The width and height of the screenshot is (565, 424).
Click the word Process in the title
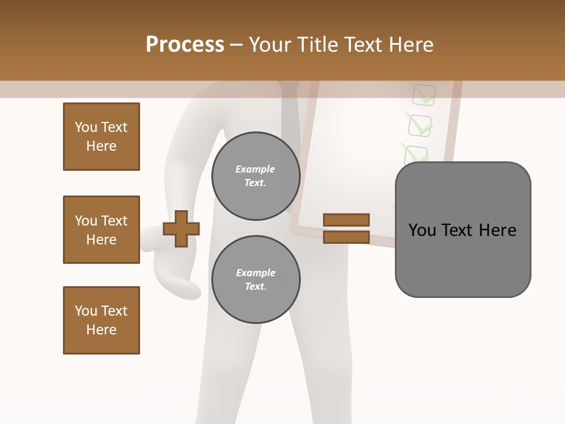(x=185, y=45)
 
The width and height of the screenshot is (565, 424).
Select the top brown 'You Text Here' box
(x=101, y=137)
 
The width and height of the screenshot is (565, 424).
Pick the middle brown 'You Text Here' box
(x=101, y=230)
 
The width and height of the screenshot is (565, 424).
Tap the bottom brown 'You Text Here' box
(x=101, y=320)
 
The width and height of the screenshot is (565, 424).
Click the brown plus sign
(x=181, y=228)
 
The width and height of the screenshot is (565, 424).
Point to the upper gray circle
(x=255, y=176)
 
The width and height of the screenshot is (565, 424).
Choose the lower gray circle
(x=255, y=280)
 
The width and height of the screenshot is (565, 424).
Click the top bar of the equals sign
(x=346, y=220)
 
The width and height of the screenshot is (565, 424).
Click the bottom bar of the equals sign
(x=346, y=237)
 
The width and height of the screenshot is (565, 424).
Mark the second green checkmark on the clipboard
(x=420, y=124)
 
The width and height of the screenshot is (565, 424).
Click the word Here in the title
(x=413, y=45)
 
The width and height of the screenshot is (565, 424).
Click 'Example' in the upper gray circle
(x=255, y=169)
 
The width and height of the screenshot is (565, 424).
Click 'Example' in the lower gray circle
(x=255, y=273)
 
